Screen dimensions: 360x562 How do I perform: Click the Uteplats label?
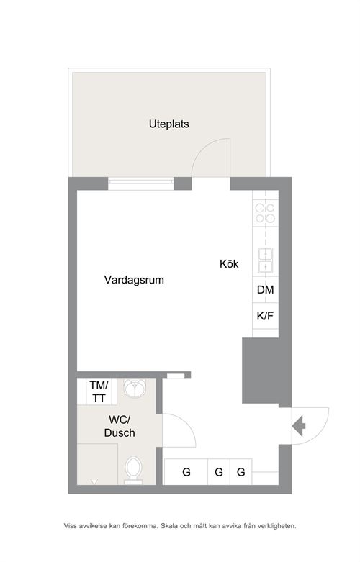(169, 124)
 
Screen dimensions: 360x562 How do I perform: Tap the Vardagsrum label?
(134, 280)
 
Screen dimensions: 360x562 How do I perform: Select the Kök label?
(229, 264)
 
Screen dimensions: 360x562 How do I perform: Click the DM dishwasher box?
(266, 289)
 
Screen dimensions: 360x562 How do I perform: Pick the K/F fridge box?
(266, 316)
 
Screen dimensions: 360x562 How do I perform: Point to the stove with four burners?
(266, 213)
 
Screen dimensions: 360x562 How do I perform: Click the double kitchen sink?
(266, 260)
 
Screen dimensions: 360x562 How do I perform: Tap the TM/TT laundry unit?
(99, 391)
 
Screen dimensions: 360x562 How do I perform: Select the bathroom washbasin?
(135, 388)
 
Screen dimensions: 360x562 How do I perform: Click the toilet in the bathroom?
(134, 470)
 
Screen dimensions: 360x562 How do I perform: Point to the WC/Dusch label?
(120, 426)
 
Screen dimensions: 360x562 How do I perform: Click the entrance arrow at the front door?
(299, 426)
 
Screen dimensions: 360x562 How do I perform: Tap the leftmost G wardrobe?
(186, 472)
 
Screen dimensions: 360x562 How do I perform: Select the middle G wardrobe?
(219, 472)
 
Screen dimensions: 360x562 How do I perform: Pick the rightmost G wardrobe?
(241, 472)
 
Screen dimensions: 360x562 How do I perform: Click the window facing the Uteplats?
(141, 183)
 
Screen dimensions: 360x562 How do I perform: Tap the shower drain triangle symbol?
(94, 481)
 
